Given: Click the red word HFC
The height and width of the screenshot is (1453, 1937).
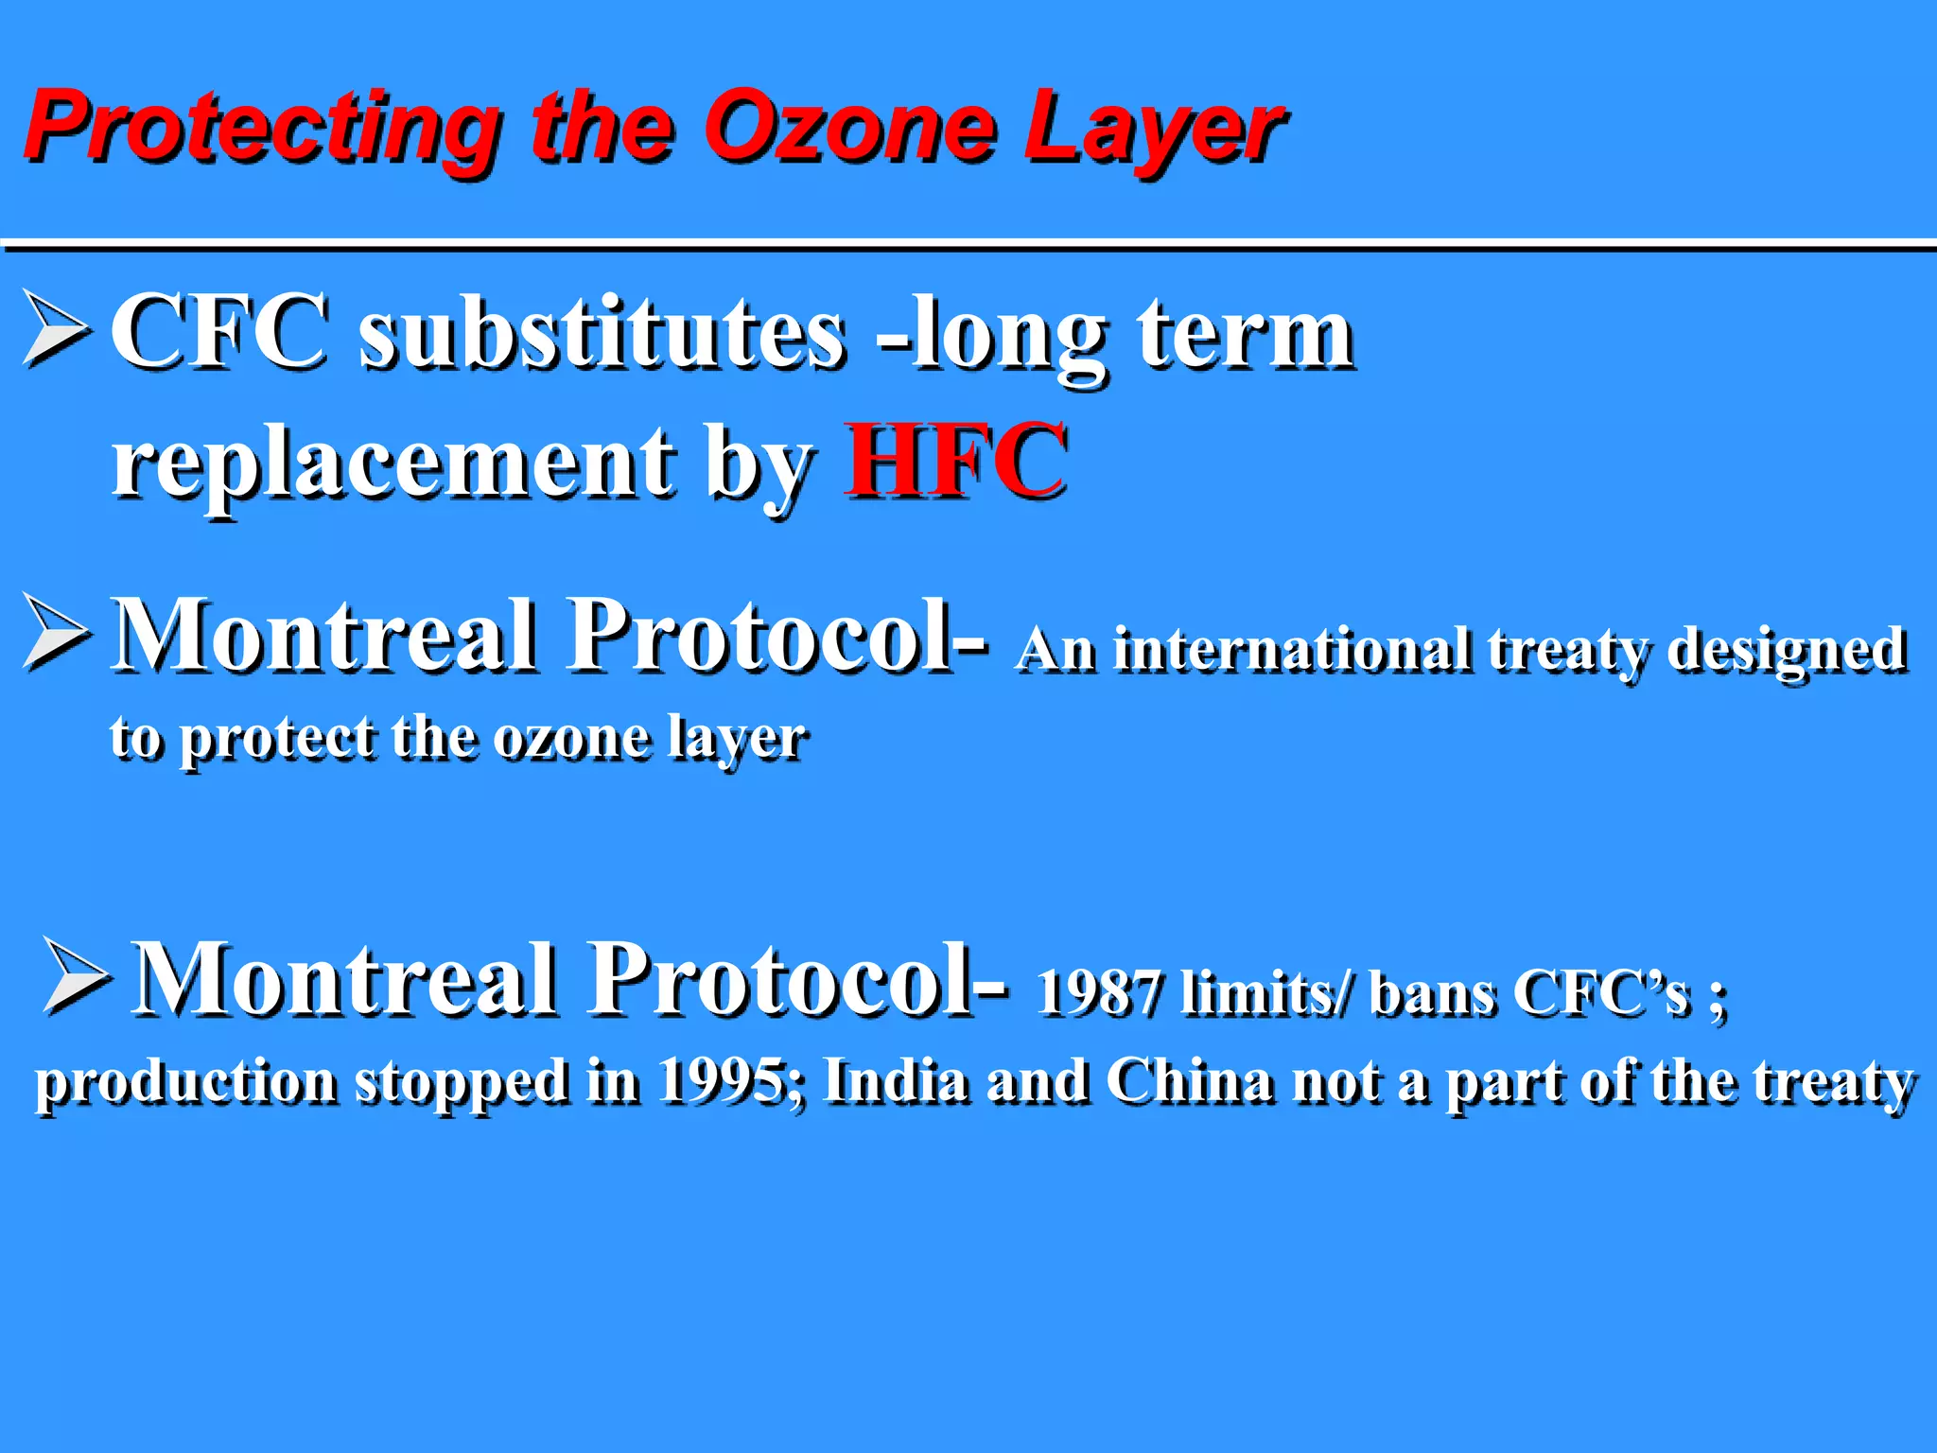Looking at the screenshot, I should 956,461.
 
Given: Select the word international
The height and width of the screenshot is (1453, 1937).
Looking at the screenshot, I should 1291,651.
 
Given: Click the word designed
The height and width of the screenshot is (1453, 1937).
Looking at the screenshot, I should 1786,653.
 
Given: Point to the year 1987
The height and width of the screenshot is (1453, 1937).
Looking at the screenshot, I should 1097,993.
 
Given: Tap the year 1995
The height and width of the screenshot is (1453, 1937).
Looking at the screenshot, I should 729,1081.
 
